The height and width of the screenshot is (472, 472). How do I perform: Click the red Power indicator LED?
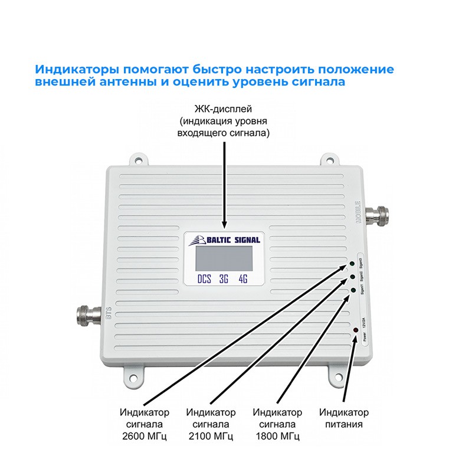pos(356,330)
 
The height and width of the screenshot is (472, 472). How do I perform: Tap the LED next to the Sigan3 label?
pos(352,263)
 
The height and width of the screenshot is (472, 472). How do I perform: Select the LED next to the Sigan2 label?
pos(353,276)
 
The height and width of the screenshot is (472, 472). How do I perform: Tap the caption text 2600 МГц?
pos(144,437)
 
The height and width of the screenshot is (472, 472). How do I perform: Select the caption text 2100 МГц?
pos(211,437)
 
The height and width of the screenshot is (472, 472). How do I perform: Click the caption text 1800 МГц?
pos(277,437)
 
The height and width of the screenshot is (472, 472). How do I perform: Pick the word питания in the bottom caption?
pos(343,424)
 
